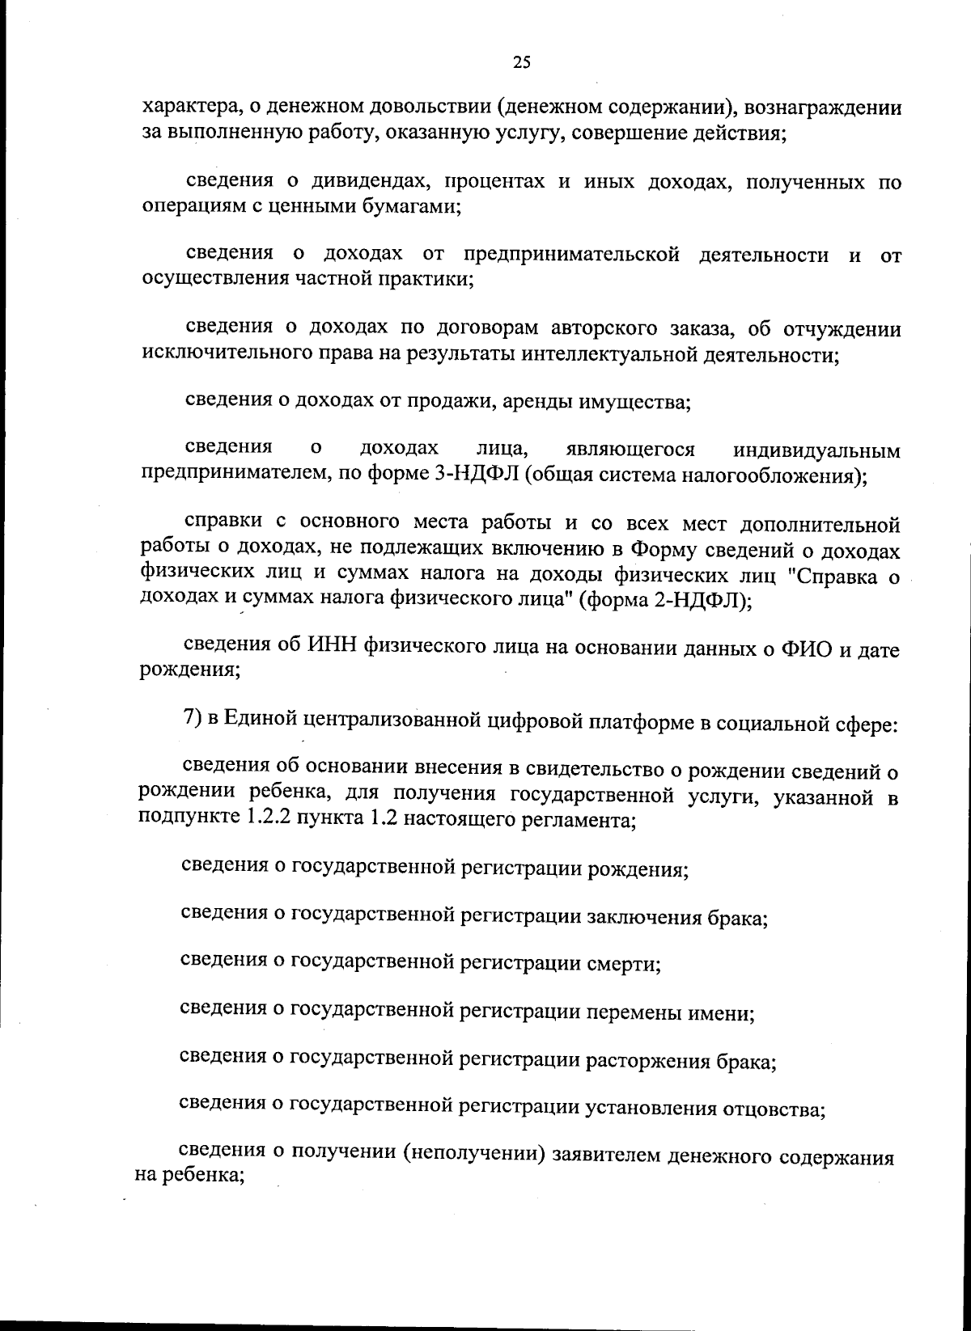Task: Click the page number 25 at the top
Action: click(521, 62)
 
